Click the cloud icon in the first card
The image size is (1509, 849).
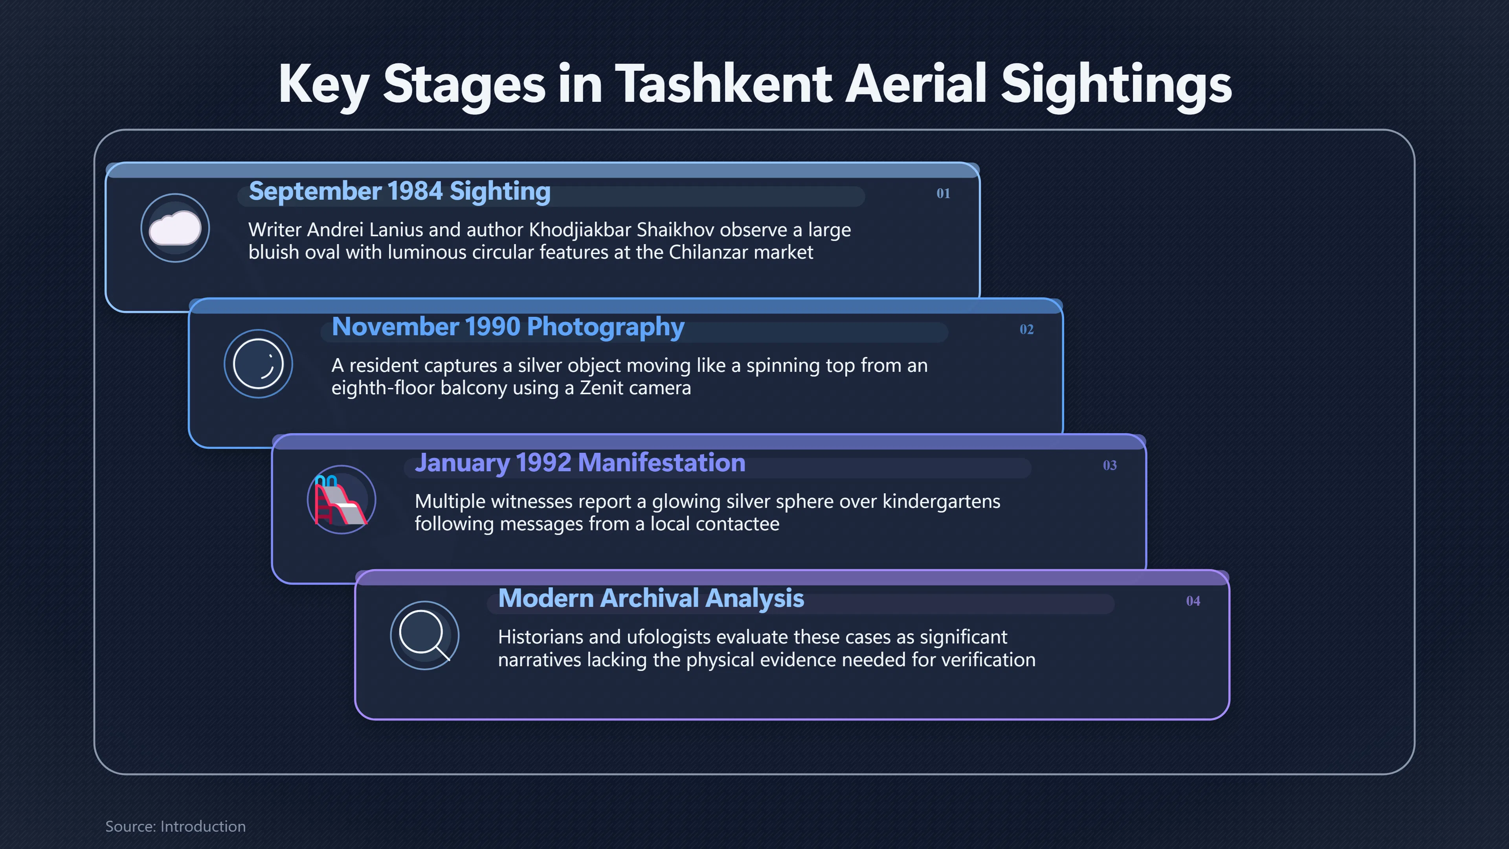(175, 228)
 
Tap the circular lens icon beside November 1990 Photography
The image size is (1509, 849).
(258, 364)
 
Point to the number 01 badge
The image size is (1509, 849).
(943, 193)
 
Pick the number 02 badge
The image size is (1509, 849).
(1026, 329)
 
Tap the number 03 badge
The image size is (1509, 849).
(1109, 465)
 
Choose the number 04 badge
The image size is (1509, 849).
(1193, 601)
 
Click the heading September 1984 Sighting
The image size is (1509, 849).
(400, 191)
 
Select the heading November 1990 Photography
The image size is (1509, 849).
(508, 327)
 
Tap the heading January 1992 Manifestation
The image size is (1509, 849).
(580, 463)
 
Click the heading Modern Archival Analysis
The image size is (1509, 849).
(651, 599)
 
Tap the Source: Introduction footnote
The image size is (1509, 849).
(175, 826)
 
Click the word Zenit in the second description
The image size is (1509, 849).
(602, 388)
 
